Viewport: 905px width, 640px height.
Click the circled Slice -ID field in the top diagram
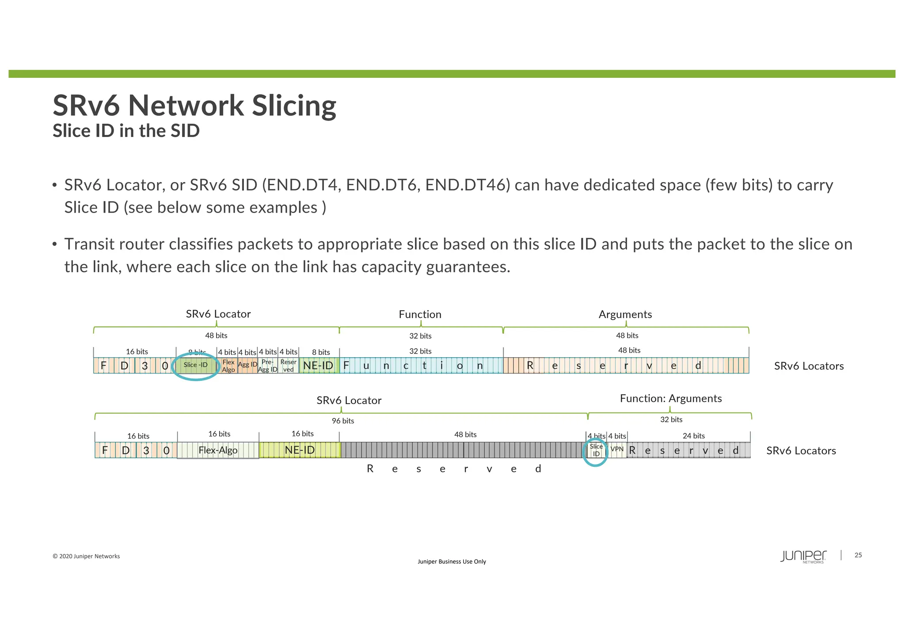(196, 365)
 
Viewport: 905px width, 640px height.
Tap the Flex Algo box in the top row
(228, 366)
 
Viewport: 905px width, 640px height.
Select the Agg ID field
(247, 365)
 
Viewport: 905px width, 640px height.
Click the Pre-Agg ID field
(268, 366)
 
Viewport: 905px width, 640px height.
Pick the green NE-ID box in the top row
(318, 366)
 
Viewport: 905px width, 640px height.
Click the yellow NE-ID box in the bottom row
(300, 450)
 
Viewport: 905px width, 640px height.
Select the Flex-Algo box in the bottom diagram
(218, 450)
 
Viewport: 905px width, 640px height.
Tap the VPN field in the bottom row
(617, 450)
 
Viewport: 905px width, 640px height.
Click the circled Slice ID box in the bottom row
(596, 450)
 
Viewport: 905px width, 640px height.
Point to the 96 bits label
(343, 421)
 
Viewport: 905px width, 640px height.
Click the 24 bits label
(693, 436)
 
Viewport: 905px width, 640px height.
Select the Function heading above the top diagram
(420, 314)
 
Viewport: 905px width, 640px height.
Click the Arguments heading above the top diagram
(625, 314)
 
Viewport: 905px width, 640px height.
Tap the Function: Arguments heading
(670, 398)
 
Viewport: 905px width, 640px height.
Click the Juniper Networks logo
(803, 556)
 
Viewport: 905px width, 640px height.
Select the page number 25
(858, 555)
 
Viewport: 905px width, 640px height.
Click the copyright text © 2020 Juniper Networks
(86, 556)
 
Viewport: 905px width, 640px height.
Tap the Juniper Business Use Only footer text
(452, 561)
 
